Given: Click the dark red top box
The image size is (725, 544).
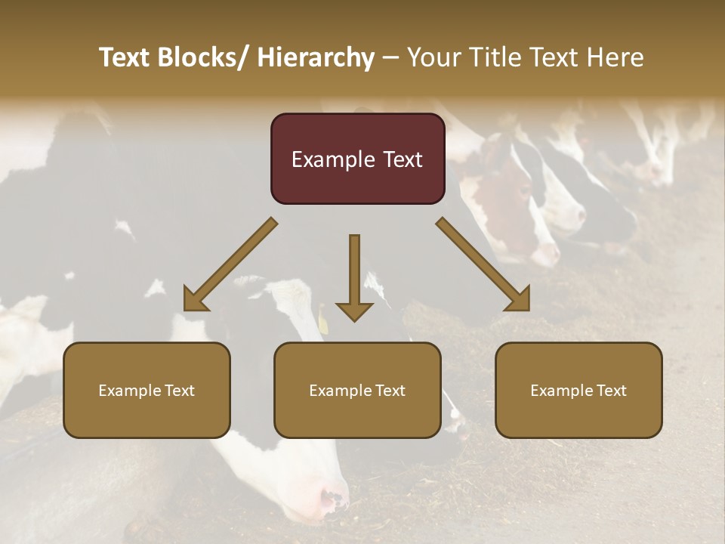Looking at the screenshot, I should pyautogui.click(x=357, y=159).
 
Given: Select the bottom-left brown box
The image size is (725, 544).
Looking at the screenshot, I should pyautogui.click(x=147, y=390).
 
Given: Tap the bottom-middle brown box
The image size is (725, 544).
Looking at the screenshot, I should pyautogui.click(x=357, y=390).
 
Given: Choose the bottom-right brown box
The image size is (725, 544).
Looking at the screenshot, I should pyautogui.click(x=578, y=390).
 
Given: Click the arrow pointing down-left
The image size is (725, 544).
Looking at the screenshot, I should pyautogui.click(x=230, y=264).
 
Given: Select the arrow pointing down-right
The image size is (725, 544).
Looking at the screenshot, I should pyautogui.click(x=483, y=264).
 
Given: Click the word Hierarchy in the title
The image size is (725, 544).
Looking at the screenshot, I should pyautogui.click(x=315, y=57).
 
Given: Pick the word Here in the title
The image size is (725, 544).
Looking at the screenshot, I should pyautogui.click(x=614, y=57).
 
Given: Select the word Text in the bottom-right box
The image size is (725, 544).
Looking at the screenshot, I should pyautogui.click(x=612, y=391).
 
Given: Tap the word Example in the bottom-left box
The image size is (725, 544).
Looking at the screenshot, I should pyautogui.click(x=129, y=391).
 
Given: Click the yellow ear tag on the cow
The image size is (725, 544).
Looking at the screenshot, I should pyautogui.click(x=323, y=322).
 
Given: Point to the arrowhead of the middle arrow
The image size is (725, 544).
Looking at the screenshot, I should pyautogui.click(x=354, y=311).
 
